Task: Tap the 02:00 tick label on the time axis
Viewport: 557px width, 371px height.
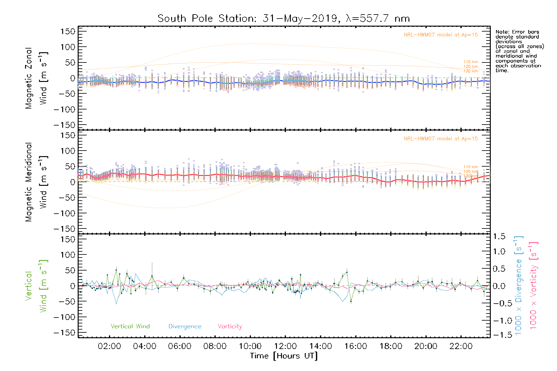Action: (x=109, y=346)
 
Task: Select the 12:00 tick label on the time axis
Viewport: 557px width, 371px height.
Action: (x=285, y=346)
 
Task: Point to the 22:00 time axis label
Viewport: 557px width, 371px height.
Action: (x=461, y=346)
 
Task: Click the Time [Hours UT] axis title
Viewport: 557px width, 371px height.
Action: (x=284, y=356)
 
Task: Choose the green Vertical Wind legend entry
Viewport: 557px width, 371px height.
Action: (x=130, y=326)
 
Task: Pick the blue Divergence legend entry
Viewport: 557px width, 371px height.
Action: (x=185, y=326)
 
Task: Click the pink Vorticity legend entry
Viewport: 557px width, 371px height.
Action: (x=230, y=326)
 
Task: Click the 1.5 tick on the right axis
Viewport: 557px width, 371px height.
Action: (x=499, y=237)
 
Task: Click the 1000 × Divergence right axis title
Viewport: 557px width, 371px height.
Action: (x=518, y=285)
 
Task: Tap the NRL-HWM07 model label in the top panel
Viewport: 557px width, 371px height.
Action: (x=441, y=35)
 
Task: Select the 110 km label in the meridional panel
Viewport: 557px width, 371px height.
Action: (x=470, y=167)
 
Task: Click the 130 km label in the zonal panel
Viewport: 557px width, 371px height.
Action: (x=470, y=71)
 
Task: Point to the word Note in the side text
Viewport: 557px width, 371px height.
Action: (x=502, y=32)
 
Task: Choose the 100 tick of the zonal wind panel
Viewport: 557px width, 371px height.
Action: (x=68, y=47)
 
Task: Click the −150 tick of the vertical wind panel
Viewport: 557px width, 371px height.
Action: (x=64, y=333)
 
